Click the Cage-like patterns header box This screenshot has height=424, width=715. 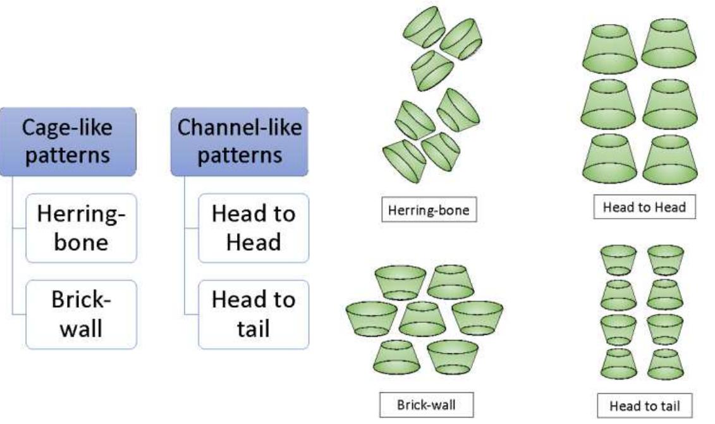(x=68, y=141)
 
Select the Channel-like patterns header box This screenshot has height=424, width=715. (x=240, y=141)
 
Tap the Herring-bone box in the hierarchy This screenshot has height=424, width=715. (x=81, y=227)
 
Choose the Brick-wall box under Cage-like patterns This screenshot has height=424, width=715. (x=81, y=313)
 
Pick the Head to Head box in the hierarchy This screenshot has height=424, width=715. (x=254, y=227)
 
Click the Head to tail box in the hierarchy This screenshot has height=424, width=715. (x=254, y=313)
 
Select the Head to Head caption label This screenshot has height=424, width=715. (x=645, y=207)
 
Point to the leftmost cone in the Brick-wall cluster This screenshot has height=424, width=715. (x=372, y=317)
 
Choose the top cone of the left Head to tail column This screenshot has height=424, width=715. (x=618, y=259)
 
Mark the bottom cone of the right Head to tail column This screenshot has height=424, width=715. (x=665, y=363)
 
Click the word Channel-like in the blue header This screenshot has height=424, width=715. (x=240, y=128)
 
